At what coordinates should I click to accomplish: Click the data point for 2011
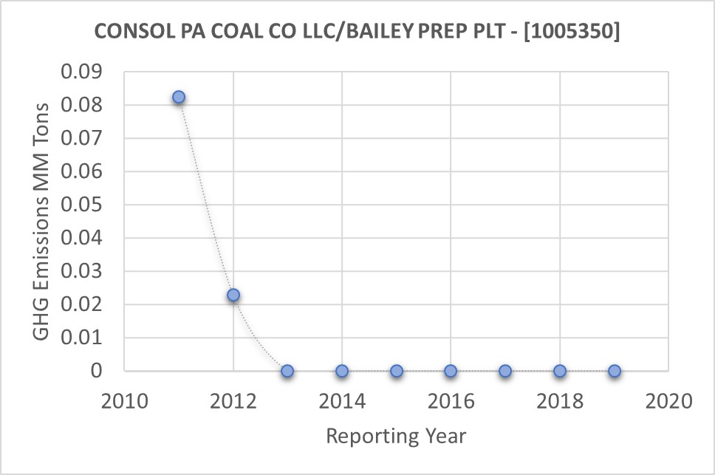pyautogui.click(x=179, y=98)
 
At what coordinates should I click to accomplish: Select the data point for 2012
pyautogui.click(x=233, y=295)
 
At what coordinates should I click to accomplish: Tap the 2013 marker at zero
pyautogui.click(x=287, y=371)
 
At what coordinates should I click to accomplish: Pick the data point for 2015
pyautogui.click(x=397, y=371)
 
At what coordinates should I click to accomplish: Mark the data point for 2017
pyautogui.click(x=505, y=371)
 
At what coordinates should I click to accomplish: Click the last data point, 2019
pyautogui.click(x=614, y=371)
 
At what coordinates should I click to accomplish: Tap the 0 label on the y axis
pyautogui.click(x=96, y=371)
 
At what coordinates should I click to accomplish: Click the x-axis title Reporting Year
pyautogui.click(x=397, y=436)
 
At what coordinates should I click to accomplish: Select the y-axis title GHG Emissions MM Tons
pyautogui.click(x=43, y=222)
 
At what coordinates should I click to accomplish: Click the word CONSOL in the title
pyautogui.click(x=130, y=33)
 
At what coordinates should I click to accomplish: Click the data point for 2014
pyautogui.click(x=342, y=371)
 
